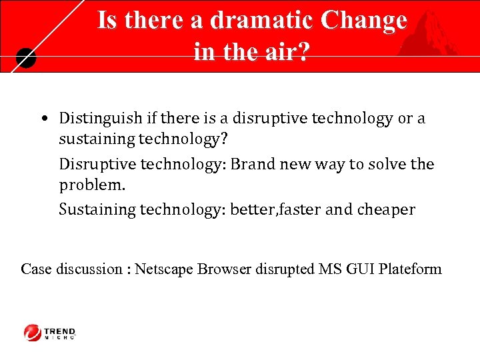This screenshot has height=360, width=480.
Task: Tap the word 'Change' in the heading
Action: click(x=364, y=20)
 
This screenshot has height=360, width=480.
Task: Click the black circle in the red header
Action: click(x=24, y=59)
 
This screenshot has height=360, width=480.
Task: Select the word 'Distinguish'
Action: click(x=100, y=119)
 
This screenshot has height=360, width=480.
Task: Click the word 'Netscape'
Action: click(x=163, y=269)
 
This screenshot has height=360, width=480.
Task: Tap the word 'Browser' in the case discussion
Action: click(x=224, y=269)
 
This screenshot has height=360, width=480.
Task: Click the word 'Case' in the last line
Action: click(x=36, y=269)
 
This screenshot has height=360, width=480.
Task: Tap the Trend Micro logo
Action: click(x=50, y=332)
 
